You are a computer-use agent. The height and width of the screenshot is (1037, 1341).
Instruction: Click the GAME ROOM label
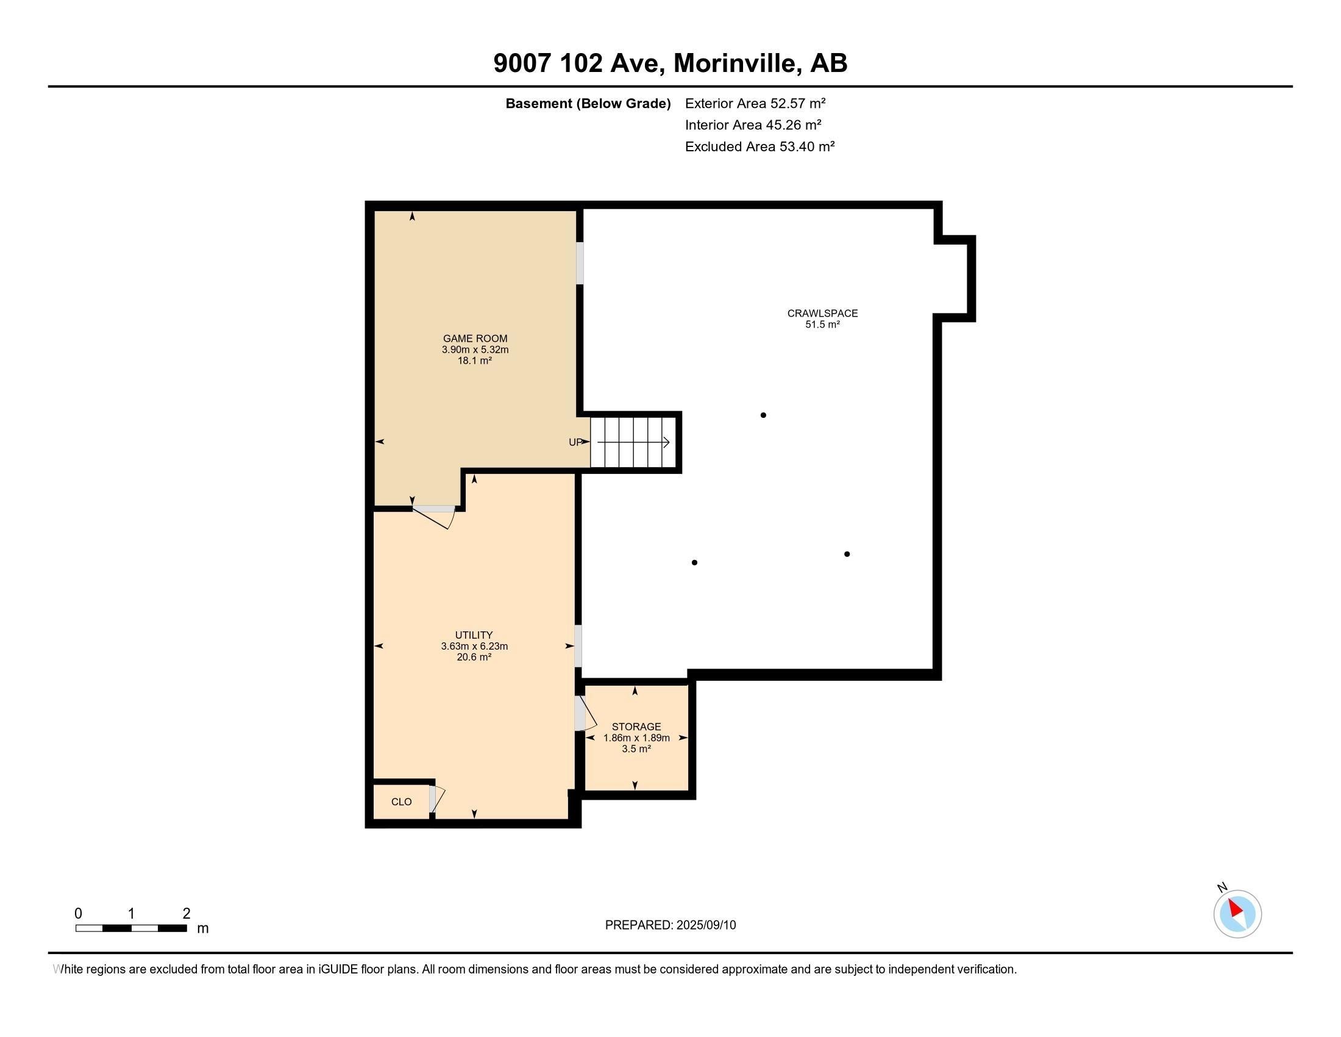click(x=475, y=338)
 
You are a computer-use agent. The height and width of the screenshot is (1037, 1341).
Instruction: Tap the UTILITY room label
click(x=474, y=634)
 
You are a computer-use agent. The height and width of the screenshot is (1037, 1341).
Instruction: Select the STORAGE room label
click(x=636, y=726)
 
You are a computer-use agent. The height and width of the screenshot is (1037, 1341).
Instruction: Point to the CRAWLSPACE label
click(x=822, y=314)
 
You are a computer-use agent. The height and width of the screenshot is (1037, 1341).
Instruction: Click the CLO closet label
click(x=401, y=802)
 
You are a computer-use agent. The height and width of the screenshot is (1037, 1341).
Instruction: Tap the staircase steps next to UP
click(x=633, y=442)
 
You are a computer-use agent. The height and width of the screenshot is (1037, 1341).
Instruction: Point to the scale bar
click(x=131, y=928)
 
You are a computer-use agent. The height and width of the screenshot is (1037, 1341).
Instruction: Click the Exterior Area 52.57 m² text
click(x=755, y=103)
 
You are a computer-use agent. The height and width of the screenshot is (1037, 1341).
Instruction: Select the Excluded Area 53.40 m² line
click(x=759, y=147)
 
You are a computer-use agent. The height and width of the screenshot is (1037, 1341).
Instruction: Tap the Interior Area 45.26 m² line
click(x=753, y=125)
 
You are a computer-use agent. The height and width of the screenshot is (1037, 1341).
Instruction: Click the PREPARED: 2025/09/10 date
click(x=670, y=925)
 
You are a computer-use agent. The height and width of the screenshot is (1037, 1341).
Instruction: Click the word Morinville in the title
click(x=736, y=63)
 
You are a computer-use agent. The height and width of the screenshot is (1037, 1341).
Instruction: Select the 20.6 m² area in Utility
click(x=474, y=657)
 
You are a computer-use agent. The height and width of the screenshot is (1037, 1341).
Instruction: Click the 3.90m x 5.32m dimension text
click(x=475, y=350)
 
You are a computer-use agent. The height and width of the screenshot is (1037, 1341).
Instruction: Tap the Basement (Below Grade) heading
click(x=588, y=104)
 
